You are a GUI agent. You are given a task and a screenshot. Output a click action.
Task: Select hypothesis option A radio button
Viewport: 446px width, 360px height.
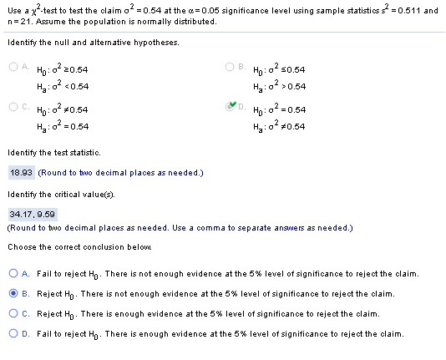tap(16, 68)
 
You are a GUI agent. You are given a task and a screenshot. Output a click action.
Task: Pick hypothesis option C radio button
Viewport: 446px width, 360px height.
tap(16, 108)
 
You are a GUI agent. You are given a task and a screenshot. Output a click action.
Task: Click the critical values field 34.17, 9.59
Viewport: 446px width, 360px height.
tap(28, 213)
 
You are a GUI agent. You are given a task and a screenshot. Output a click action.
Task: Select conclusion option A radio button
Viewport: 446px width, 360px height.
tap(15, 272)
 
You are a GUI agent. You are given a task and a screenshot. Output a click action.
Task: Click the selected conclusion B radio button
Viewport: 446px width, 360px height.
tap(15, 293)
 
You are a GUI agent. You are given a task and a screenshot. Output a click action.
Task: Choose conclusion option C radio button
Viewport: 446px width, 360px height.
tap(15, 313)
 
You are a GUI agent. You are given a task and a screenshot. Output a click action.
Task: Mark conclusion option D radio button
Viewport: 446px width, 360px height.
tap(15, 333)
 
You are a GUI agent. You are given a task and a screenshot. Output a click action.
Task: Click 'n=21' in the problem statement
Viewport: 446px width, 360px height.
tap(18, 21)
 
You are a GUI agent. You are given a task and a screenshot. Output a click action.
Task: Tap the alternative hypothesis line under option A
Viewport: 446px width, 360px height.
tap(55, 86)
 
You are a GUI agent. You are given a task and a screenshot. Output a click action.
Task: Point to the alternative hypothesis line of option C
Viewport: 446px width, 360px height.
tap(55, 126)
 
